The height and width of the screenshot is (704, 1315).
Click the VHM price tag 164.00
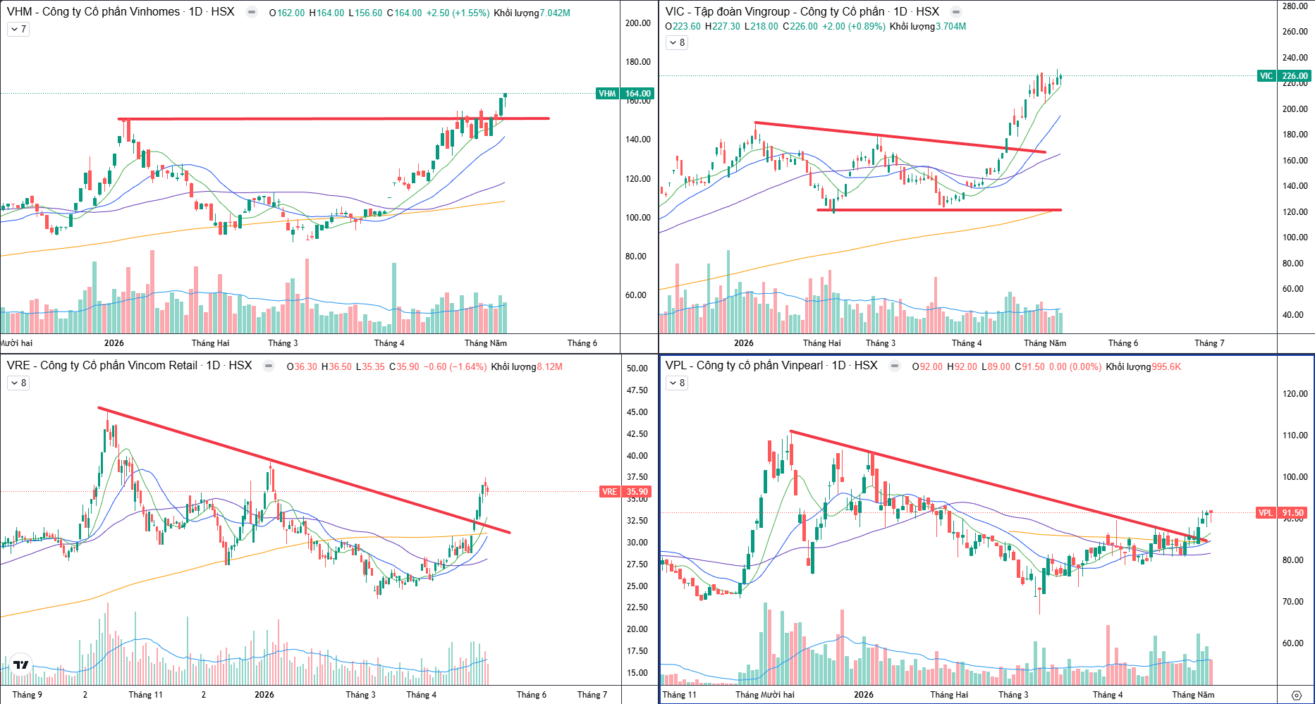637,94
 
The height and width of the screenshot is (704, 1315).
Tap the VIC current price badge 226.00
1295,76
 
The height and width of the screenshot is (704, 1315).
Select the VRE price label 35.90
637,492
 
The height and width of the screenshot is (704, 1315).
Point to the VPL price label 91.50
1293,513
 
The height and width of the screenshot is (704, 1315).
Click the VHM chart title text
121,12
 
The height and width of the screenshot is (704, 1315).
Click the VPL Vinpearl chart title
771,366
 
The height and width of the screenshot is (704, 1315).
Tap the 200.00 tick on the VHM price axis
638,23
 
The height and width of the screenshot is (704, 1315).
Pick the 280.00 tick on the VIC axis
1295,6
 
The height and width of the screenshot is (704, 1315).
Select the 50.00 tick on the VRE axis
637,369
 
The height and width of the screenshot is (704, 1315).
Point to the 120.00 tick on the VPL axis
1295,394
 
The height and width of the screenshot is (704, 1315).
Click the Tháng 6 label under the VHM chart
582,343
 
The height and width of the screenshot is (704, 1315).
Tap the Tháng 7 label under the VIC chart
1209,343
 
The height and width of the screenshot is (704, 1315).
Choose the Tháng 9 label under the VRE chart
27,695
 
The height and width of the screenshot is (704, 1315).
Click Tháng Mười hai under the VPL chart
765,695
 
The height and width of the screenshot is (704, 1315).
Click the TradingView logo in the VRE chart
21,665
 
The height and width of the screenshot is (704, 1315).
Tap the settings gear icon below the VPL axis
1296,695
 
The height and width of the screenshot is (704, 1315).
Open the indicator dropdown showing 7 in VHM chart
18,30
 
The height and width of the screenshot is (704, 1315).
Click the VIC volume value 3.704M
950,27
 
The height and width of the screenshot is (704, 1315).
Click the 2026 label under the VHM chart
114,343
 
